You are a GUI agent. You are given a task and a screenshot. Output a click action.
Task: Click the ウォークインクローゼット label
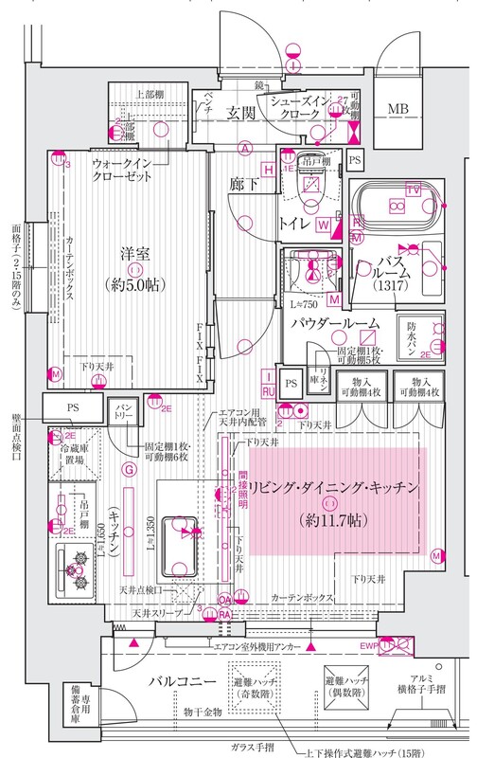coord(123,171)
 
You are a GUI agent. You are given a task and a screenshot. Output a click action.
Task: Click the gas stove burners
coord(75,572)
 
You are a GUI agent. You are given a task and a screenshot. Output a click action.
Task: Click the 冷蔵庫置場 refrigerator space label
coord(74,459)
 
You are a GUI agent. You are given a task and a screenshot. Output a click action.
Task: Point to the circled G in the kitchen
coord(128,470)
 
